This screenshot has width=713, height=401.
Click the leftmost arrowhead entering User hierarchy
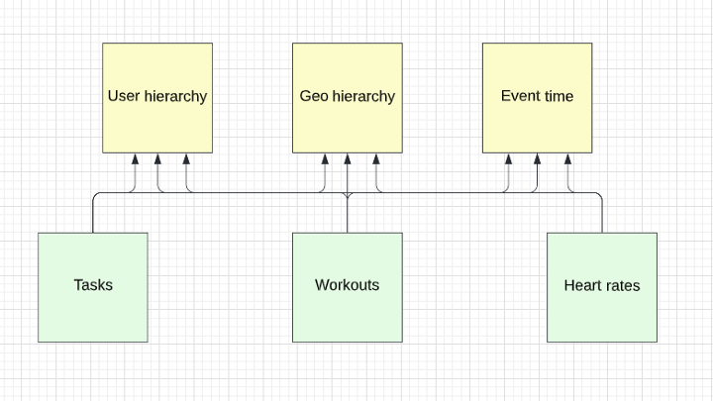click(136, 159)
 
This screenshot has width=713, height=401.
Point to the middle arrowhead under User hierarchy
click(158, 159)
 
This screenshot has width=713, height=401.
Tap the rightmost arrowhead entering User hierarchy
click(185, 159)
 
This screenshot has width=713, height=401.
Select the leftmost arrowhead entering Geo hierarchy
click(326, 159)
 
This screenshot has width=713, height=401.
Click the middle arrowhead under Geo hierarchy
click(348, 159)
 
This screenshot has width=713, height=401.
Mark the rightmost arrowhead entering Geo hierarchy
click(375, 159)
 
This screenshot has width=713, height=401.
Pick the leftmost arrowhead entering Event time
click(508, 159)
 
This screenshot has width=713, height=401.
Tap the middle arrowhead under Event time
click(537, 159)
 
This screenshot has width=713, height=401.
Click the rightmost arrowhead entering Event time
click(568, 159)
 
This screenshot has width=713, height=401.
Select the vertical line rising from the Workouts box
click(348, 216)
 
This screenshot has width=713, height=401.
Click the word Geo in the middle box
click(314, 97)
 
